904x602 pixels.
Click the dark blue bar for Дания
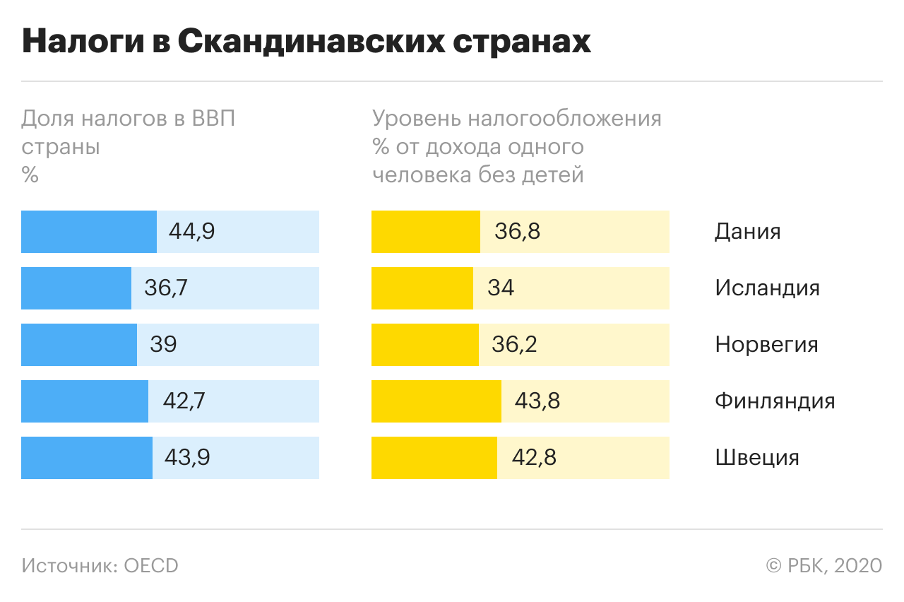coord(89,232)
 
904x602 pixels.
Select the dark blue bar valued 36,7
coord(76,288)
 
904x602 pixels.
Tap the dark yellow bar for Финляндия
coord(436,401)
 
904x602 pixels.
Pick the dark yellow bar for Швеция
coord(434,458)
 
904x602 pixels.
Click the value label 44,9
coord(191,232)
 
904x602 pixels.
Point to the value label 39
coord(163,345)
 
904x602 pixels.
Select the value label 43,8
coord(537,401)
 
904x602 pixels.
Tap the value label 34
coord(501,288)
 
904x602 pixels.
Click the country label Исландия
coord(767,288)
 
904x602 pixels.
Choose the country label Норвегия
coord(766,345)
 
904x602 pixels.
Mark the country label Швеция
coord(757,458)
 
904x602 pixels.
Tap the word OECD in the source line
coord(151,566)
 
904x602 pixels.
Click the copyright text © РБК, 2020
coord(824,566)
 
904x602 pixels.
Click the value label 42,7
coord(184,401)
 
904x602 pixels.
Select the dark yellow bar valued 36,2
coord(425,345)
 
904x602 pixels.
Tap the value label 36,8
coord(518,232)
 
